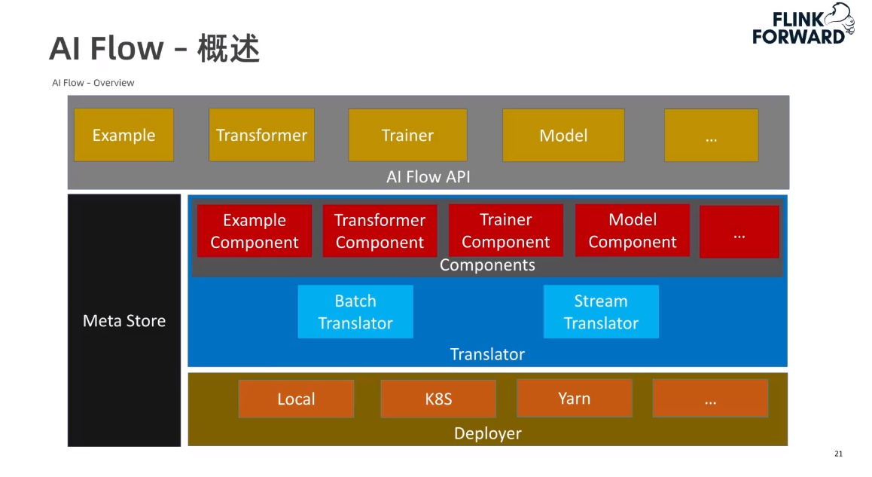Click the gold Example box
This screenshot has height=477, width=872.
(123, 135)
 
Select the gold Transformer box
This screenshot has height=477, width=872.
(261, 135)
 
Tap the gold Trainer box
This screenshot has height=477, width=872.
(407, 135)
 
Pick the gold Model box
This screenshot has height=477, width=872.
(563, 135)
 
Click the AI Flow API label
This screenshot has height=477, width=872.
(428, 177)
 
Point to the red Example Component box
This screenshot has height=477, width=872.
(254, 231)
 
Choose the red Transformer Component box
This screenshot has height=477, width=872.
(380, 231)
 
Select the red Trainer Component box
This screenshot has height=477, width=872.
(505, 231)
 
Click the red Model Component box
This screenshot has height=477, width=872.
(632, 231)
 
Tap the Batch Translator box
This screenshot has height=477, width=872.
(355, 311)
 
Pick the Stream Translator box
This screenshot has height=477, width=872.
(601, 311)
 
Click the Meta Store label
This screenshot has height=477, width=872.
(124, 321)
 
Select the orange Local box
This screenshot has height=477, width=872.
(296, 399)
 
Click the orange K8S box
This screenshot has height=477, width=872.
(438, 399)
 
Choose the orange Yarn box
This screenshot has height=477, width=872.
(574, 398)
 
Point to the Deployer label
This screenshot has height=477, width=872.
(487, 433)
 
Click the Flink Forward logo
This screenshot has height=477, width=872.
(803, 24)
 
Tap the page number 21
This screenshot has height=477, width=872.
(838, 454)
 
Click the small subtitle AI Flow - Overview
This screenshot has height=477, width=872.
(93, 83)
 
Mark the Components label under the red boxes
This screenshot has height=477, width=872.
(487, 265)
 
